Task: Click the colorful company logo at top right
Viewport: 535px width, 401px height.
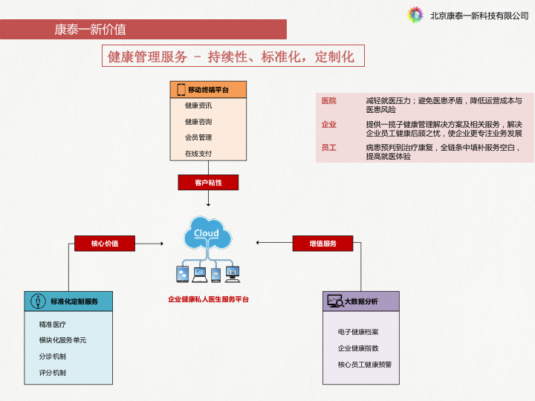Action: click(x=415, y=15)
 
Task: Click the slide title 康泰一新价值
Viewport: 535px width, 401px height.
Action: click(x=90, y=30)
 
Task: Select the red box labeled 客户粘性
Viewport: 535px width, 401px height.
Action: click(x=208, y=182)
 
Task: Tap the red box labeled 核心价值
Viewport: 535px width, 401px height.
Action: click(x=105, y=243)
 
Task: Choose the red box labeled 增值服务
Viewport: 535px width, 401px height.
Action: click(x=323, y=243)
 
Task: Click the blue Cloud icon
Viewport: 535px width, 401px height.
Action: click(x=207, y=232)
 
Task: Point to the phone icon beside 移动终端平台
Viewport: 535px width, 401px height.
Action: click(x=181, y=90)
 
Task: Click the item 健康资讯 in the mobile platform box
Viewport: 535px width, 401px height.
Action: click(x=198, y=105)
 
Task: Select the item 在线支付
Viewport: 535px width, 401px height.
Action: click(x=198, y=154)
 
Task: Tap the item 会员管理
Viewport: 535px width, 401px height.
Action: click(x=198, y=137)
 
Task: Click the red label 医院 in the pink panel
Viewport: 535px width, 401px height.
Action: click(x=328, y=100)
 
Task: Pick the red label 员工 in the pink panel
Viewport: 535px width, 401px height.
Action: click(x=328, y=148)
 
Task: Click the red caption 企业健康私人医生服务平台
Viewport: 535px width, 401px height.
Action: click(x=208, y=299)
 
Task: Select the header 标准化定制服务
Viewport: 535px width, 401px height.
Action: click(x=74, y=301)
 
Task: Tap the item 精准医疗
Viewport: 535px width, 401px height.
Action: click(x=52, y=325)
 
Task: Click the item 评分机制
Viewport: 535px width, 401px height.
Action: click(x=52, y=373)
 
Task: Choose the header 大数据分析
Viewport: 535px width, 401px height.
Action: click(x=361, y=301)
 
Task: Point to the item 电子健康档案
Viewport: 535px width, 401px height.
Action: click(x=358, y=332)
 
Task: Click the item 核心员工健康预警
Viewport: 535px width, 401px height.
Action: click(x=365, y=365)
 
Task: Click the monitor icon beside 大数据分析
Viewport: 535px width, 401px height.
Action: click(x=334, y=301)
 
